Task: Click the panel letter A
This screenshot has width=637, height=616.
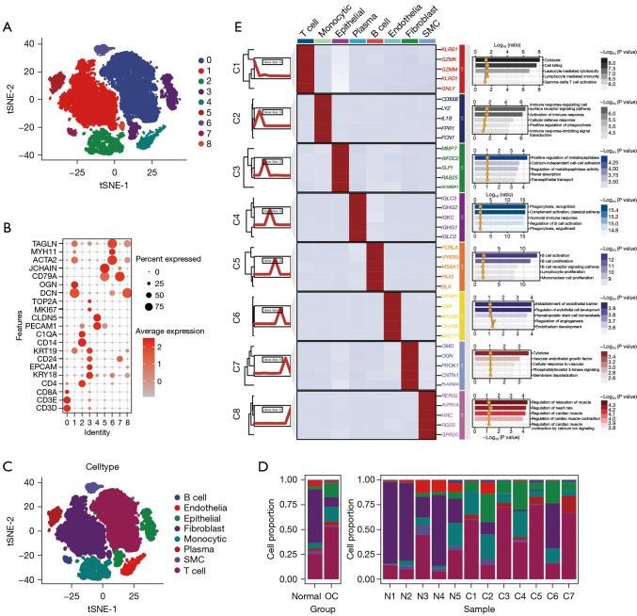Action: tap(9, 11)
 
